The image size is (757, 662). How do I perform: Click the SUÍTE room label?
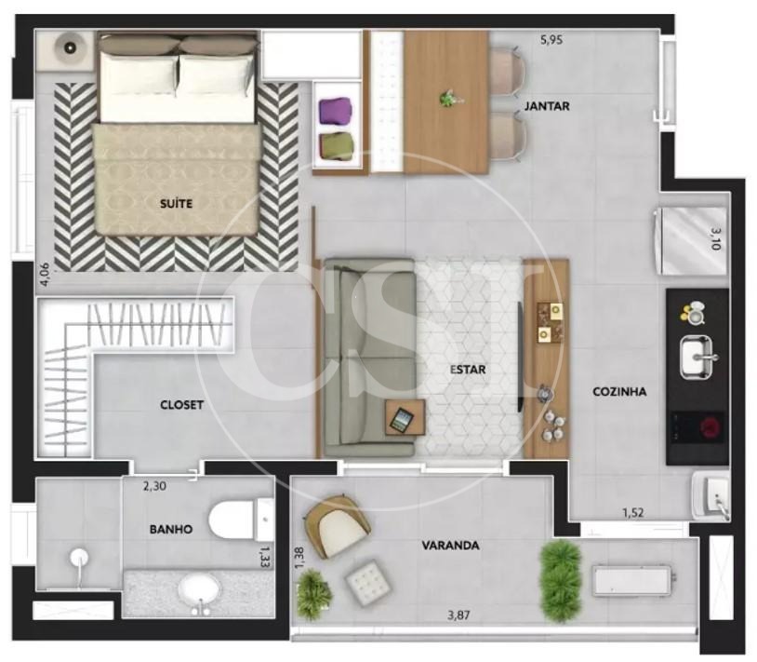(176, 203)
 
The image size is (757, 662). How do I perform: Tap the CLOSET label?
(181, 405)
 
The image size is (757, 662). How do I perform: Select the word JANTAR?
(547, 106)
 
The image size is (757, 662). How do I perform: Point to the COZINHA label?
(619, 391)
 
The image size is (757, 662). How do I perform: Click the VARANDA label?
(450, 546)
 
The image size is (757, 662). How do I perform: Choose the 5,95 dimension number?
(551, 40)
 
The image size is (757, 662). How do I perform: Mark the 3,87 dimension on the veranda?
(458, 615)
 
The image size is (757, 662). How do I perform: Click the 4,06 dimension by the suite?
(45, 274)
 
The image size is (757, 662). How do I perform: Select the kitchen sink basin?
(697, 357)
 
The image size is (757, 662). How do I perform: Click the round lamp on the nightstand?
(70, 47)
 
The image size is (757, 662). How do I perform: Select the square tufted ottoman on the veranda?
(368, 584)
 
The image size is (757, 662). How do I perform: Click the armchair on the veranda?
(337, 525)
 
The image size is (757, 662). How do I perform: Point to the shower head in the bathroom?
(79, 558)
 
